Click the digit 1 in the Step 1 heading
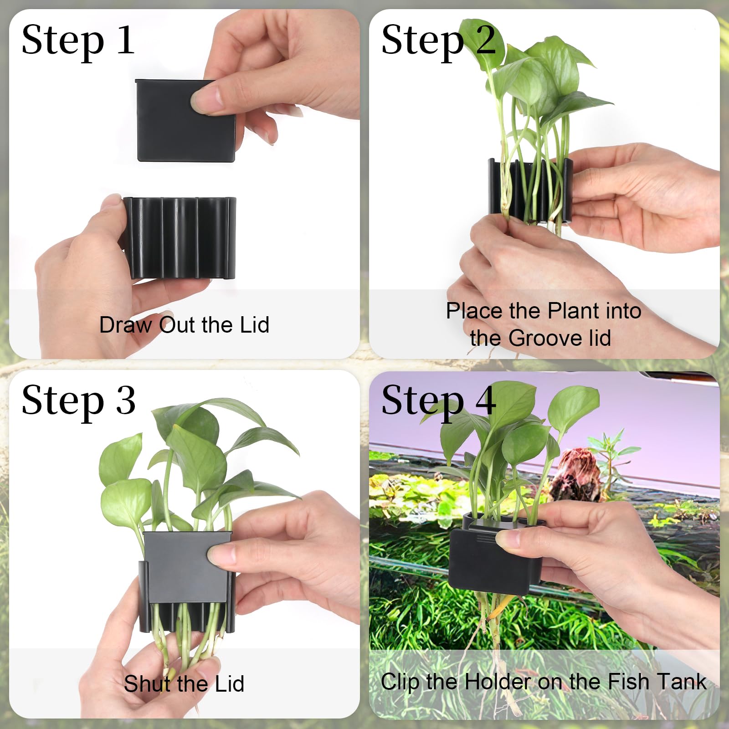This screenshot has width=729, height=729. (125, 40)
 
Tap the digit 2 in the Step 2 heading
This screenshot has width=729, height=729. (486, 40)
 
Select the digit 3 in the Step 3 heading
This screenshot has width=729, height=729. (125, 400)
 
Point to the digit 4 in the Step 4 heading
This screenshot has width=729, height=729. (485, 400)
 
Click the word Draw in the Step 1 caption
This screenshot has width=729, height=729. (126, 325)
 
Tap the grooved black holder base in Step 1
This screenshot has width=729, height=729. (180, 238)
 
